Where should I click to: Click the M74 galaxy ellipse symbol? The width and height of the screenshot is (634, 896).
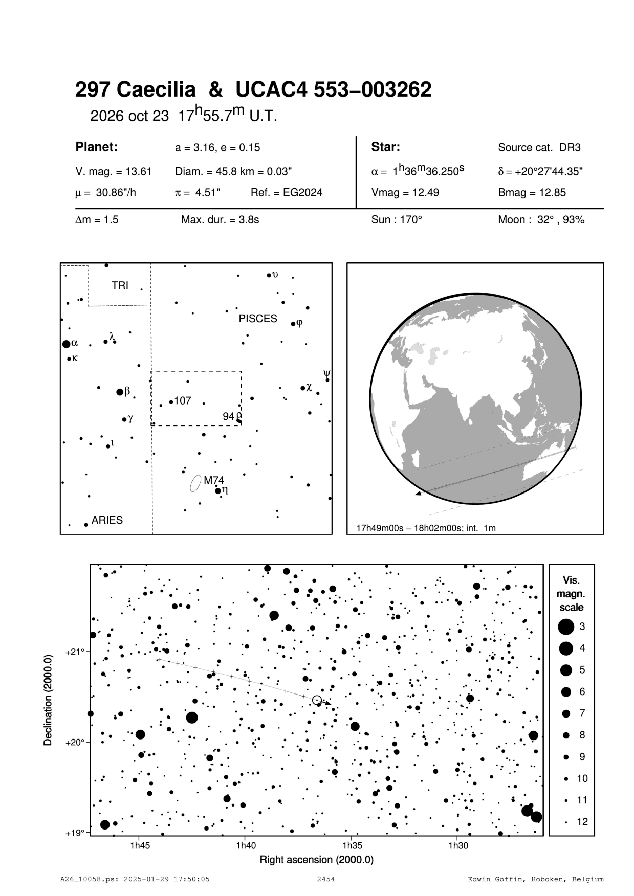coord(194,483)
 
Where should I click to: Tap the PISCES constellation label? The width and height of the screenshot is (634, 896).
coord(258,319)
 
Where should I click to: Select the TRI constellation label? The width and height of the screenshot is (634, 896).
coord(120,285)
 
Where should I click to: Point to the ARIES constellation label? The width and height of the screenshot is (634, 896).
coord(107,520)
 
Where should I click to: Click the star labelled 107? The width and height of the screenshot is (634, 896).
coord(171,401)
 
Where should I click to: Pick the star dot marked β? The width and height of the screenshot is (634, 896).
coord(120,392)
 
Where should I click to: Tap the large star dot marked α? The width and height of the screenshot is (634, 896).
coord(66,344)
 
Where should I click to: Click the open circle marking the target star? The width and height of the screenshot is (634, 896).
coord(317,700)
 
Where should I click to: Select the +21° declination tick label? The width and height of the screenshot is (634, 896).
coord(75,652)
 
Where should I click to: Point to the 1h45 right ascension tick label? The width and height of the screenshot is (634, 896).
coord(140,846)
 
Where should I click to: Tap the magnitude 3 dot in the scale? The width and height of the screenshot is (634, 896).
coord(566,626)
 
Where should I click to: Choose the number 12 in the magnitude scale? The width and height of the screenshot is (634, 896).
coord(582,822)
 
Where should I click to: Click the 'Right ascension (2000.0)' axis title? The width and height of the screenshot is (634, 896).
coord(317,860)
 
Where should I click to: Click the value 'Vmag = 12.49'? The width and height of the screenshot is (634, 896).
coord(405,193)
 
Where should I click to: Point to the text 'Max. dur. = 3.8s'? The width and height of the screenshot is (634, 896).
coord(220,220)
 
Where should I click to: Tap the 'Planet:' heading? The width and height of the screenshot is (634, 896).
coord(97,147)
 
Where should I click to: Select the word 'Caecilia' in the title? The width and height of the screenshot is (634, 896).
coord(156,90)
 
